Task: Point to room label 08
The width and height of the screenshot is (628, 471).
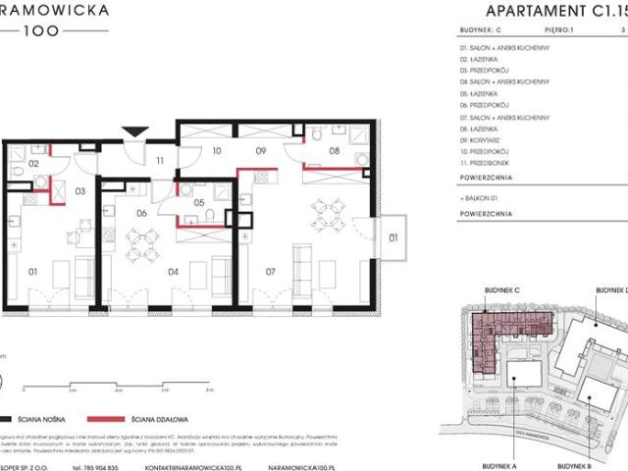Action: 334,152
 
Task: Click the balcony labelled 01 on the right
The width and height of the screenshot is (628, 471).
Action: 393,236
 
